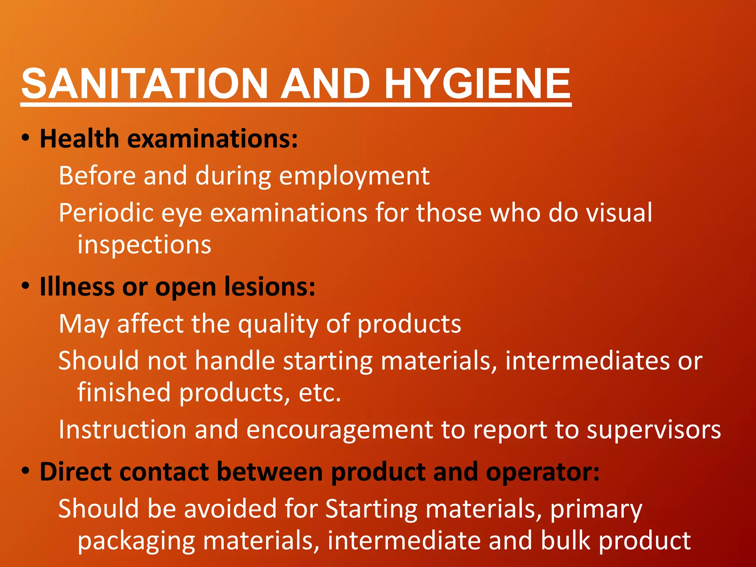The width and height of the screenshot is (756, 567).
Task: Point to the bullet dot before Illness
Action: pos(25,285)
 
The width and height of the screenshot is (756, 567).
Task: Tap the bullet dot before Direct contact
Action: pos(25,471)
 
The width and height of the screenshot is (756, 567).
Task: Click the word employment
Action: pos(354,176)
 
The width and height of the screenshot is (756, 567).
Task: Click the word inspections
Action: pos(144,245)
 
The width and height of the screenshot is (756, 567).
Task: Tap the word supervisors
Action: pos(654,430)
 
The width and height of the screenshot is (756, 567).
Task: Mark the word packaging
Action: pos(136,541)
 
